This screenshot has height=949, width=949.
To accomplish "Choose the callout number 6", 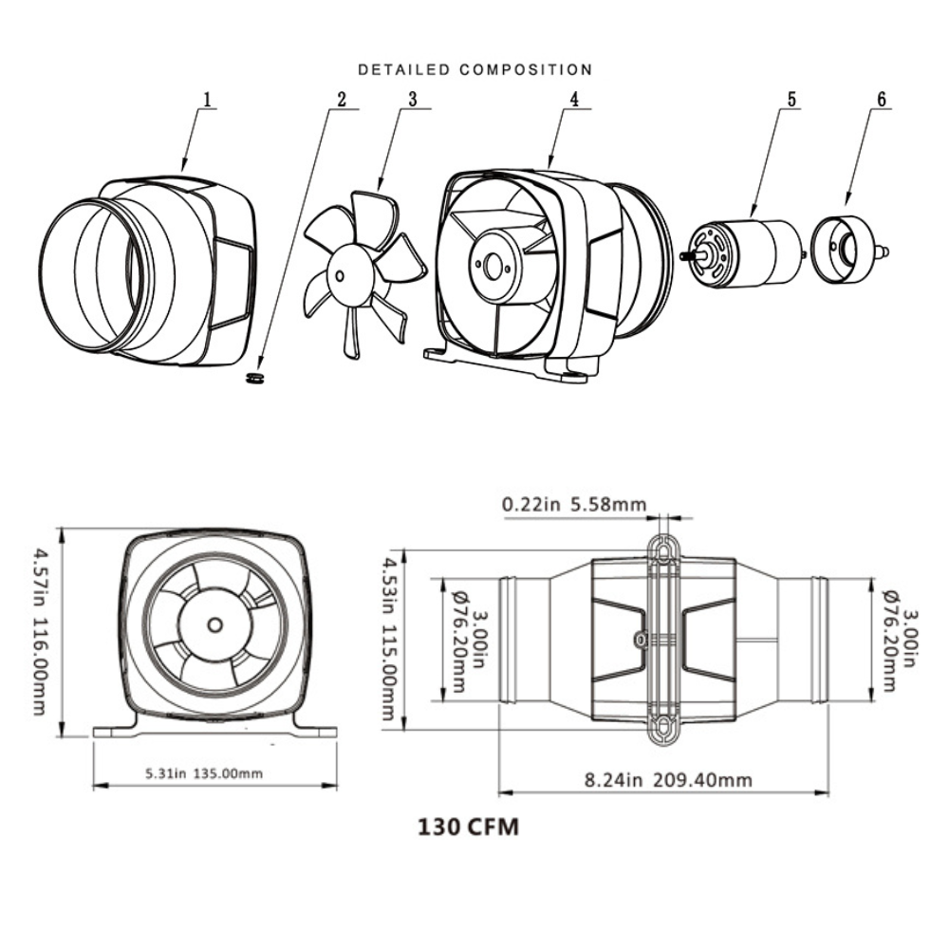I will pyautogui.click(x=880, y=98).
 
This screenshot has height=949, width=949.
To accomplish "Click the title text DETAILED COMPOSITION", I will pyautogui.click(x=474, y=69).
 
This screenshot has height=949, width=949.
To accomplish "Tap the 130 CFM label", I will pyautogui.click(x=469, y=827).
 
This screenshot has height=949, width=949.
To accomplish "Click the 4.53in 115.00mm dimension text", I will pyautogui.click(x=389, y=638).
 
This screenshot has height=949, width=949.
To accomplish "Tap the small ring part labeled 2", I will pyautogui.click(x=252, y=378).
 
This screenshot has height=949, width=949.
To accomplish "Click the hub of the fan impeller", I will pyautogui.click(x=340, y=273).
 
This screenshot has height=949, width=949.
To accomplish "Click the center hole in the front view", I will pyautogui.click(x=215, y=624).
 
